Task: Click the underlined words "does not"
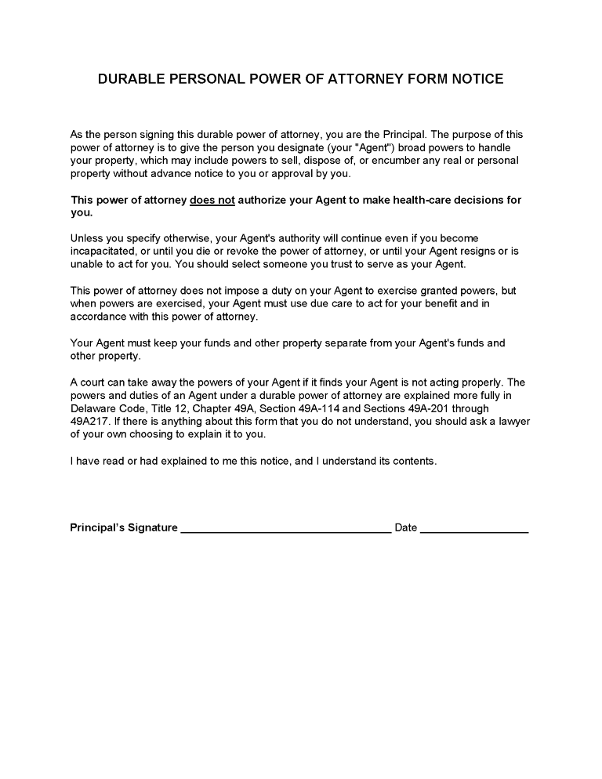212,200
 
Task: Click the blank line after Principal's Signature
286,528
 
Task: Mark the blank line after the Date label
474,528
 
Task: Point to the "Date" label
406,527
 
